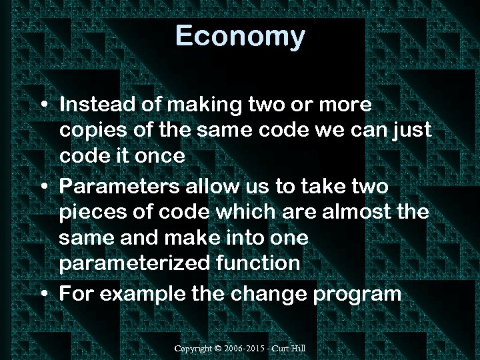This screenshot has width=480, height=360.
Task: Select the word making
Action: pyautogui.click(x=198, y=105)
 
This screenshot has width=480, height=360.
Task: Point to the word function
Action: pyautogui.click(x=259, y=263)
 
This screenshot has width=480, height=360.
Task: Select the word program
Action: pyautogui.click(x=357, y=293)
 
